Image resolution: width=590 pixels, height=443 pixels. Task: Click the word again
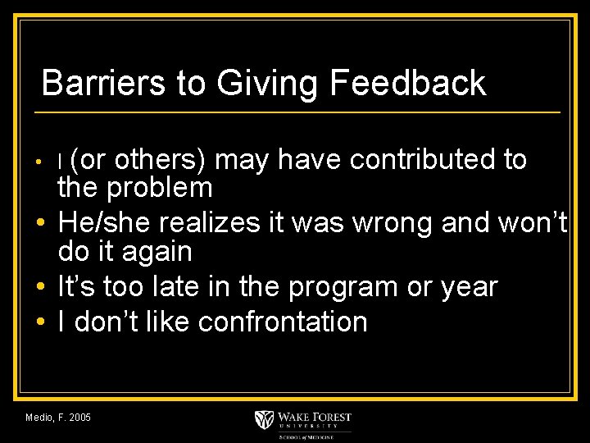(157, 253)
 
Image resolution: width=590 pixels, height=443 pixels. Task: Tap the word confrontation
(283, 322)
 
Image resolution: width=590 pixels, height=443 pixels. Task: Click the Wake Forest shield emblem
(265, 419)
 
